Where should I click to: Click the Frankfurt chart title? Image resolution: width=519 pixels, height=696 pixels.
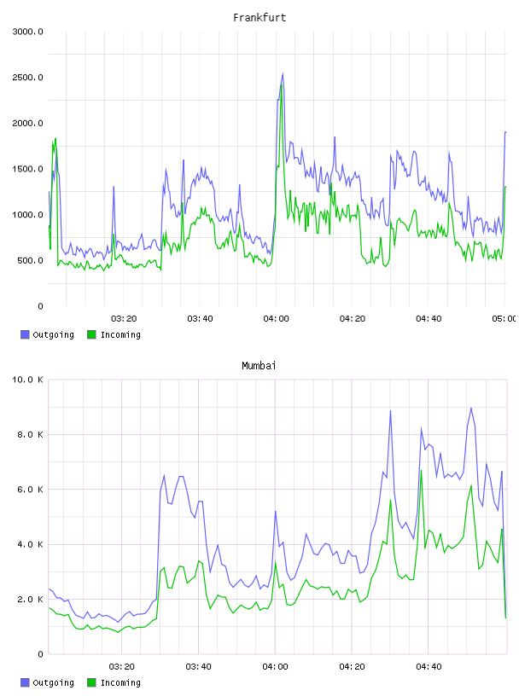[x=259, y=18]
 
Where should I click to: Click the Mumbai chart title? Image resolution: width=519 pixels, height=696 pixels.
[x=259, y=366]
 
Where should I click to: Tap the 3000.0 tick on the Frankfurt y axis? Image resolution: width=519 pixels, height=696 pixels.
[x=27, y=32]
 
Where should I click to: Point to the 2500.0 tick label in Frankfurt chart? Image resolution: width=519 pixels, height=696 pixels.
[x=27, y=78]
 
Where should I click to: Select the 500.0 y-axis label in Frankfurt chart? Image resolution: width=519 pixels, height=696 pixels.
[x=30, y=260]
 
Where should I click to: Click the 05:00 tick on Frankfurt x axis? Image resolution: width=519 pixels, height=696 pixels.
[x=504, y=319]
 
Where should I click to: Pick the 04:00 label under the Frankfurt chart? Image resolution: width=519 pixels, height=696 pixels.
[x=276, y=319]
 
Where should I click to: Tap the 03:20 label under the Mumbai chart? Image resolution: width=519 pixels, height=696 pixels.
[x=122, y=667]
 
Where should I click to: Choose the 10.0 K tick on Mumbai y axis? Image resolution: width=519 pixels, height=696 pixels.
[x=27, y=380]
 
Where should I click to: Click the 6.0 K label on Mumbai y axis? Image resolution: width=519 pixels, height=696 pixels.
[x=30, y=490]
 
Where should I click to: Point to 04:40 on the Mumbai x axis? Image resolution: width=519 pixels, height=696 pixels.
[x=429, y=667]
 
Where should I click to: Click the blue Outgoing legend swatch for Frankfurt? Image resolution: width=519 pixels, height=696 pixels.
[x=25, y=334]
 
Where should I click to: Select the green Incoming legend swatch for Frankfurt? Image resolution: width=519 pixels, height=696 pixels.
[x=91, y=334]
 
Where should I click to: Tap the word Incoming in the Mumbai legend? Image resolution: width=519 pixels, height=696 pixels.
[x=120, y=682]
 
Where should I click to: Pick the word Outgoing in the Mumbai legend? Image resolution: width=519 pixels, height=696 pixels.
[x=53, y=682]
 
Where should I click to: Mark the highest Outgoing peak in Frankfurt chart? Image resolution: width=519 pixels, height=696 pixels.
[x=283, y=74]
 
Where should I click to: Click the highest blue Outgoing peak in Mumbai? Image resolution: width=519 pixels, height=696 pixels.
[x=471, y=408]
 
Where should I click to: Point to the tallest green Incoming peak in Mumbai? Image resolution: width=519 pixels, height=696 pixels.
[x=421, y=471]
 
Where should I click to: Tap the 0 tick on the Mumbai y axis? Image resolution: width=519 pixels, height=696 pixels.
[x=40, y=654]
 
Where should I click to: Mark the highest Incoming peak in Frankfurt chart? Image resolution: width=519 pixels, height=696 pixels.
[x=282, y=84]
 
